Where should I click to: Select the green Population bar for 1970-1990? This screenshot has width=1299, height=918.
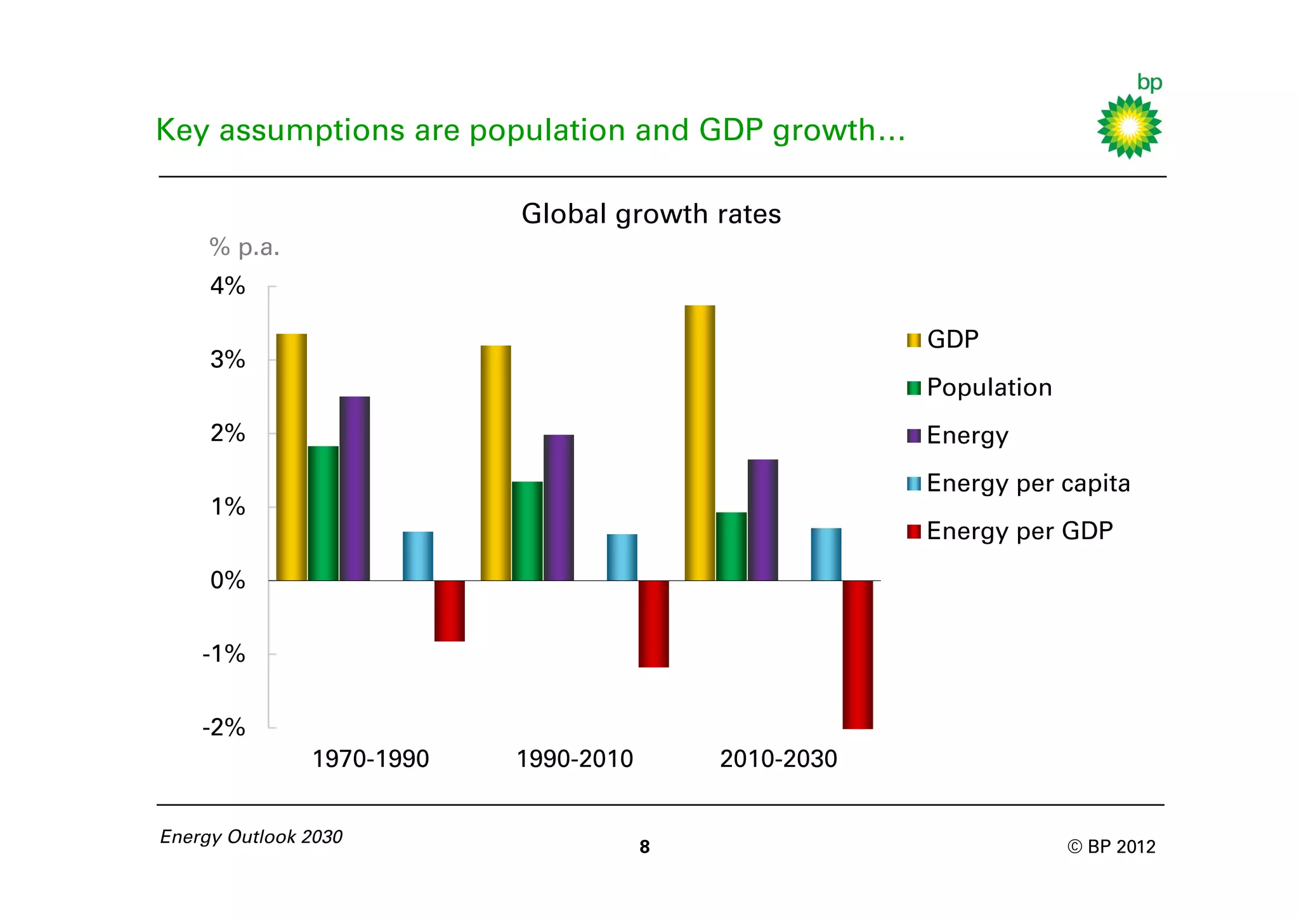click(323, 513)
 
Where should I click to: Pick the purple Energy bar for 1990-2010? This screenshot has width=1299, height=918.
click(558, 508)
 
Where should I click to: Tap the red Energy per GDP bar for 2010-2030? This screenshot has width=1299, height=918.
click(858, 654)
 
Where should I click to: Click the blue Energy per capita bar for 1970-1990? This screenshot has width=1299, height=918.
click(417, 556)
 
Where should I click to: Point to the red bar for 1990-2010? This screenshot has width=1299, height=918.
click(653, 624)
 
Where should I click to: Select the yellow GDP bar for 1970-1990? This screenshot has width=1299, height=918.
click(291, 457)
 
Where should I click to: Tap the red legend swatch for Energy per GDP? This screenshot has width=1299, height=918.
click(913, 532)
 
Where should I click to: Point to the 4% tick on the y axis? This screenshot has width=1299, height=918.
click(228, 286)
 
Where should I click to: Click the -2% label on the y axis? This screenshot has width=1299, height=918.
click(224, 727)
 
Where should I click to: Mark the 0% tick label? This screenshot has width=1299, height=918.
click(228, 580)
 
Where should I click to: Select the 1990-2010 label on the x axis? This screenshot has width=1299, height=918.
click(575, 759)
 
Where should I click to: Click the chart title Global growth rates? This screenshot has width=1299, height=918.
click(651, 214)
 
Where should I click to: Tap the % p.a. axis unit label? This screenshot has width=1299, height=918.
click(244, 247)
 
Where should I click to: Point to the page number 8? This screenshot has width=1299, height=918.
click(644, 847)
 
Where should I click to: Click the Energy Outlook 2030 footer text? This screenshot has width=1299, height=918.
click(251, 837)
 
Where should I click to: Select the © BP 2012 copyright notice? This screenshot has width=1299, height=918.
click(1111, 847)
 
